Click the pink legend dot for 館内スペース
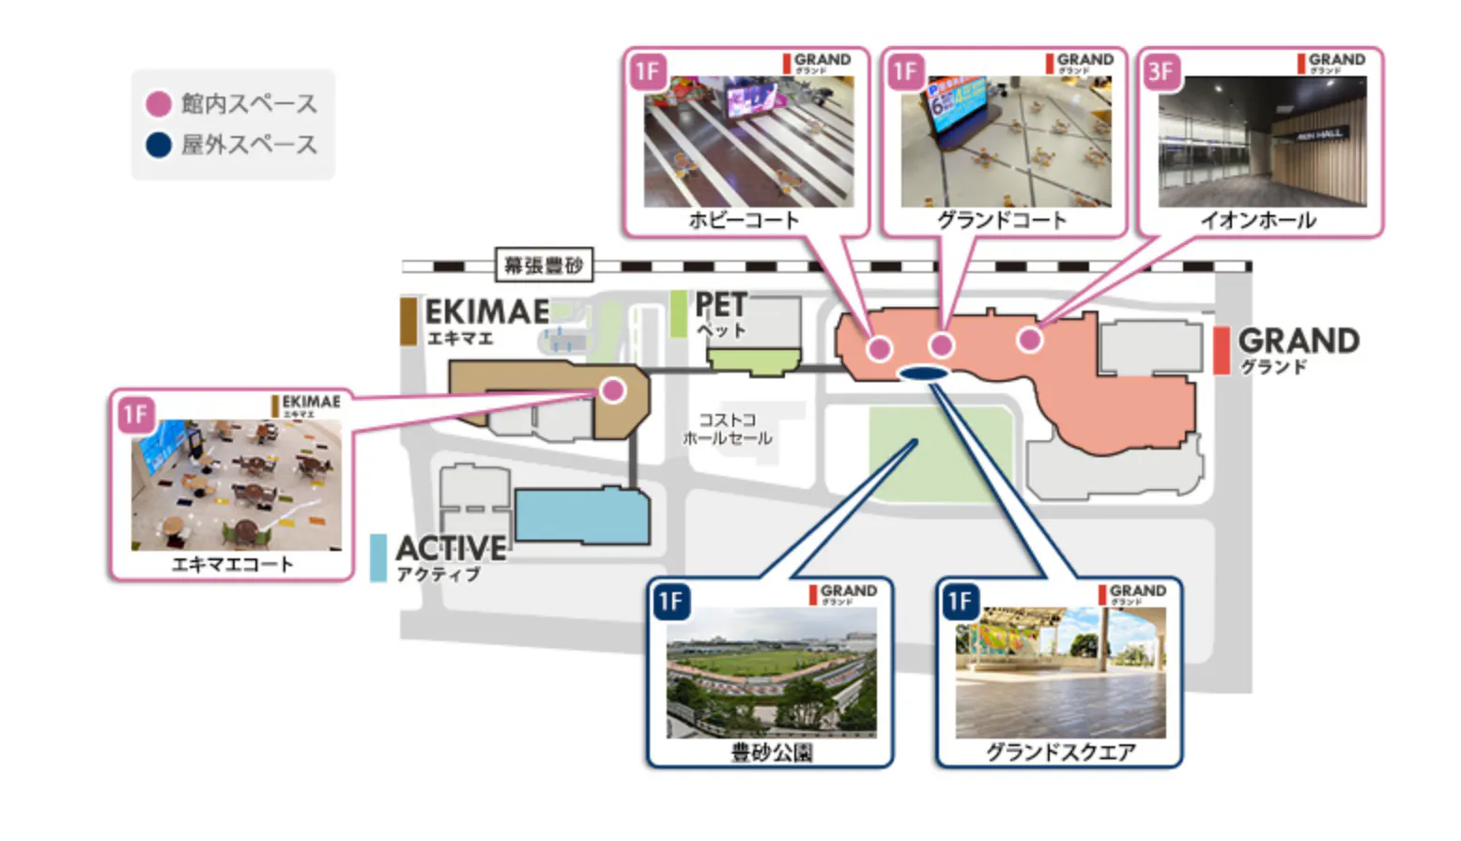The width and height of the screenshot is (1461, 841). click(159, 103)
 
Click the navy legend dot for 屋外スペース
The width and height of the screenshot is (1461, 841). click(159, 145)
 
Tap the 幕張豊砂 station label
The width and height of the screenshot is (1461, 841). click(544, 266)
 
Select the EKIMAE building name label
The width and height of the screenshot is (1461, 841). click(486, 312)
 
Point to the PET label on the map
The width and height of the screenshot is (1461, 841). click(721, 306)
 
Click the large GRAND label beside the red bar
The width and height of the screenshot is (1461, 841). click(1299, 341)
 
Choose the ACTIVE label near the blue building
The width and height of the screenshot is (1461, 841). click(451, 547)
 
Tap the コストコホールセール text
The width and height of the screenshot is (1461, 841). click(728, 429)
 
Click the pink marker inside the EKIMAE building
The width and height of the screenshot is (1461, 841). click(613, 390)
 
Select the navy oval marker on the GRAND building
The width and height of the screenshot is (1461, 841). click(923, 374)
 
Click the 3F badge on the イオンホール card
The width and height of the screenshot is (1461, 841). click(1161, 72)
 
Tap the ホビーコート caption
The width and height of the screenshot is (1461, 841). click(744, 221)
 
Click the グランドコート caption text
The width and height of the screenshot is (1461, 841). click(1002, 221)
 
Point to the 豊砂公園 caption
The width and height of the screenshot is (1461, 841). click(771, 752)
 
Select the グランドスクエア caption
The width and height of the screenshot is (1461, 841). click(1060, 752)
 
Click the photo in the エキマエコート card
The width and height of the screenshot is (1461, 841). click(237, 484)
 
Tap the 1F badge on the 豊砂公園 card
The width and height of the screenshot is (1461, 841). click(670, 602)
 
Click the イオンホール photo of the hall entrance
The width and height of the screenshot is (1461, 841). click(1262, 142)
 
